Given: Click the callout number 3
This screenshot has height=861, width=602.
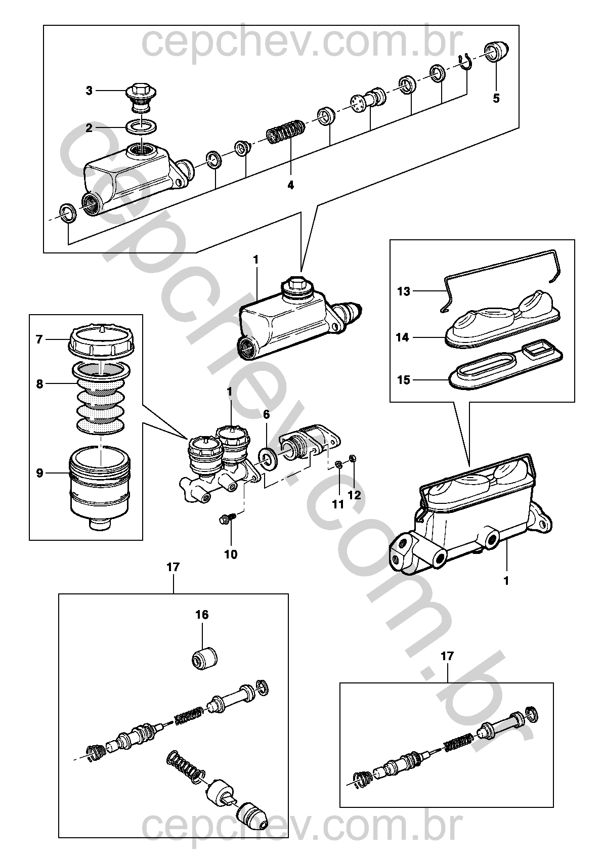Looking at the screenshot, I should [x=89, y=91].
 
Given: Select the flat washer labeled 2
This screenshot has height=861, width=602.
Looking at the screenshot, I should [x=141, y=126].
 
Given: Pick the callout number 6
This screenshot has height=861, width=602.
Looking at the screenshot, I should [x=267, y=414].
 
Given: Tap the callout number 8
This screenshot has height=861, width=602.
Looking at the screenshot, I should [x=40, y=383].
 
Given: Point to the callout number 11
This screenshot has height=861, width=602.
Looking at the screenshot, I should [x=337, y=504].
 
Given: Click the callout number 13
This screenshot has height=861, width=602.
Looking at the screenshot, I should [x=404, y=291].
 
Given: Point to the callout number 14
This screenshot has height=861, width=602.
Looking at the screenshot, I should [x=402, y=337].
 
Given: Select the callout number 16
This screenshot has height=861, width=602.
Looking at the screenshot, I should [x=202, y=615].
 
